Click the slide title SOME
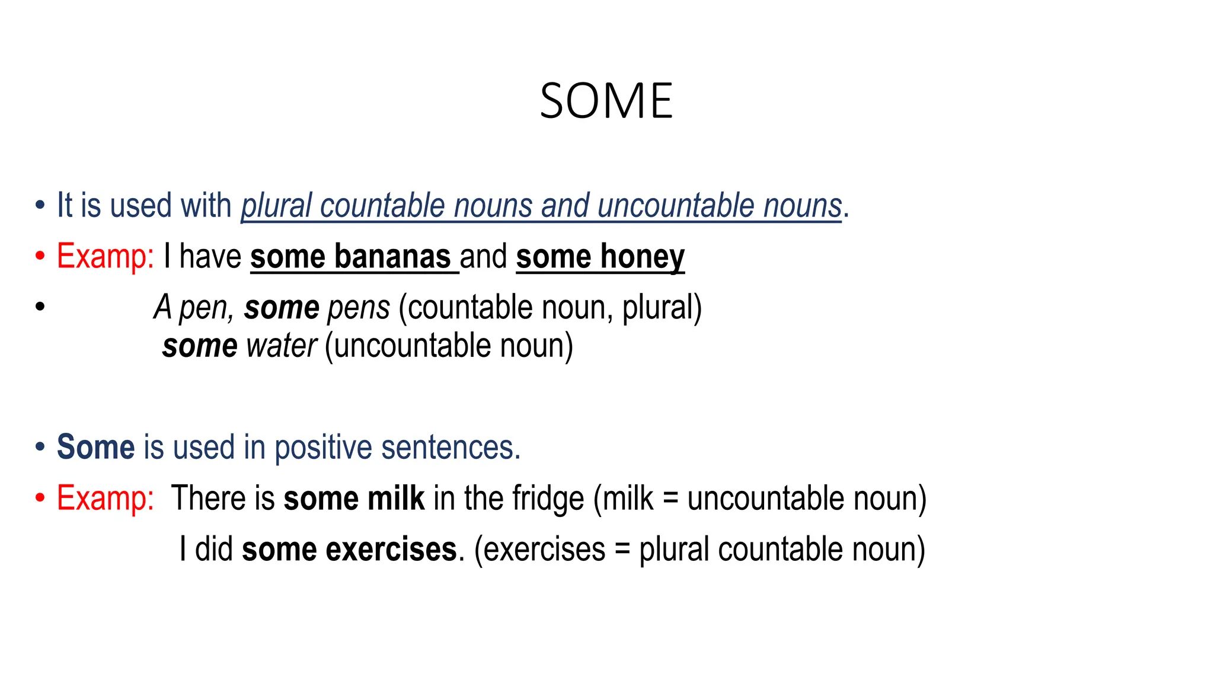click(x=606, y=101)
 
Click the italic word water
click(x=282, y=346)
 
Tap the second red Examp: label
click(x=105, y=499)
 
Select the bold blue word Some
click(x=95, y=447)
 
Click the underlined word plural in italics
click(x=276, y=206)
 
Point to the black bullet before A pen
click(x=40, y=307)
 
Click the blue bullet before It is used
click(x=40, y=206)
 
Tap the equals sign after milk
click(x=670, y=499)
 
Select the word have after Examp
click(x=210, y=257)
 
